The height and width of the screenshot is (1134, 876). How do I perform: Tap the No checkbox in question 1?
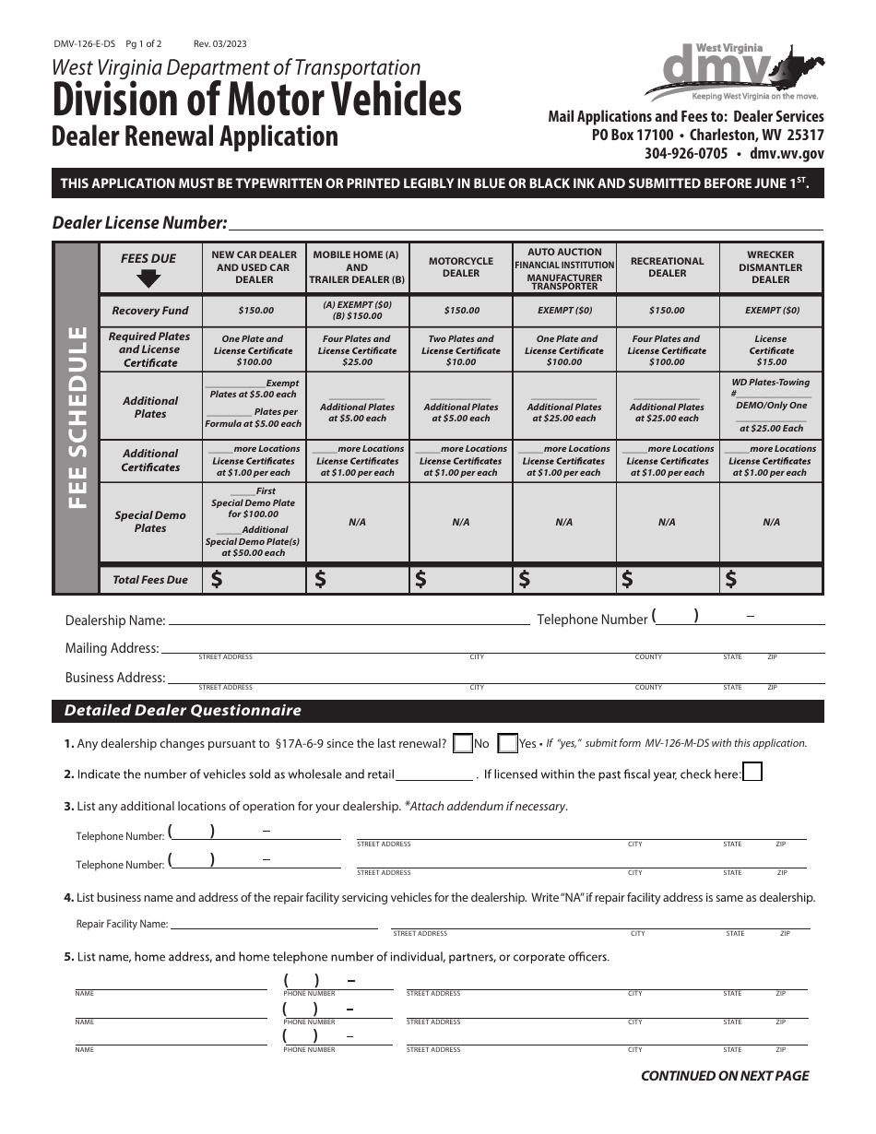(x=463, y=743)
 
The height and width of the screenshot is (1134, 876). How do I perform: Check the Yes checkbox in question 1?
(x=507, y=743)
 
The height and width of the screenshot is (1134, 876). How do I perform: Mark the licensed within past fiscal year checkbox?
(x=752, y=773)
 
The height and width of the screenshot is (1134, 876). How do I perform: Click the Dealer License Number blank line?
(x=526, y=223)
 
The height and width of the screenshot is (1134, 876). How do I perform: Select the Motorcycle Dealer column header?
(x=461, y=267)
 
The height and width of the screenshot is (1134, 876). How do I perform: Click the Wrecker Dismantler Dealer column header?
(x=771, y=267)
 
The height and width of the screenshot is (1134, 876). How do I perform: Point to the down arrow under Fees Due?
(x=148, y=278)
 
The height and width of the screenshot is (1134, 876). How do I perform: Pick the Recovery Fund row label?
(x=149, y=311)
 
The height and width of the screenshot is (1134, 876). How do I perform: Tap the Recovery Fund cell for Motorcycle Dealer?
(x=461, y=311)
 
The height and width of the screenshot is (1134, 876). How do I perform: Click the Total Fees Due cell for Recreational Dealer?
(x=668, y=579)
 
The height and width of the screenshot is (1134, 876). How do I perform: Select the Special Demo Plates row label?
(x=149, y=522)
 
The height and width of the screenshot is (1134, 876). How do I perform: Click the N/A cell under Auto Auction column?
(x=564, y=522)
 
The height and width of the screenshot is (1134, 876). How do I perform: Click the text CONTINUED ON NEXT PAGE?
(x=725, y=1075)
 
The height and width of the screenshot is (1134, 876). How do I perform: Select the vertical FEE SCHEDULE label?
(x=77, y=418)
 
